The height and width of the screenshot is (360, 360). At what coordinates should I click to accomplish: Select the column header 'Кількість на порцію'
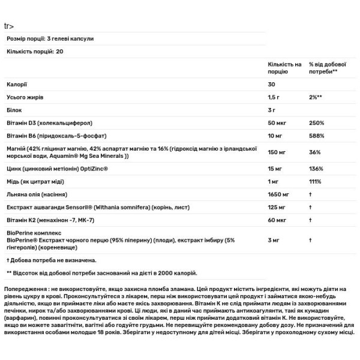[x=284, y=67]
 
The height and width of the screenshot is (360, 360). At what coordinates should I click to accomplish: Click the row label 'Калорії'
[x=16, y=85]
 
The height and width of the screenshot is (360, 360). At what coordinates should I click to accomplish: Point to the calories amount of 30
[x=272, y=85]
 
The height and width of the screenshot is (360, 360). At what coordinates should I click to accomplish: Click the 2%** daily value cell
[x=316, y=97]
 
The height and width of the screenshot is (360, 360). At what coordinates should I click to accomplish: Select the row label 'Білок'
[x=14, y=110]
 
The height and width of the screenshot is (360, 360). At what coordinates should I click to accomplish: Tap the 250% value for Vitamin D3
[x=316, y=123]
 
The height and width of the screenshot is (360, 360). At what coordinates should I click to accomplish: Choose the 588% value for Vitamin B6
[x=316, y=136]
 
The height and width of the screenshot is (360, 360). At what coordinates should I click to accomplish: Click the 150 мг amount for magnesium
[x=277, y=152]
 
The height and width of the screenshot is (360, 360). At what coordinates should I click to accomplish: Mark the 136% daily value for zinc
[x=316, y=169]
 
